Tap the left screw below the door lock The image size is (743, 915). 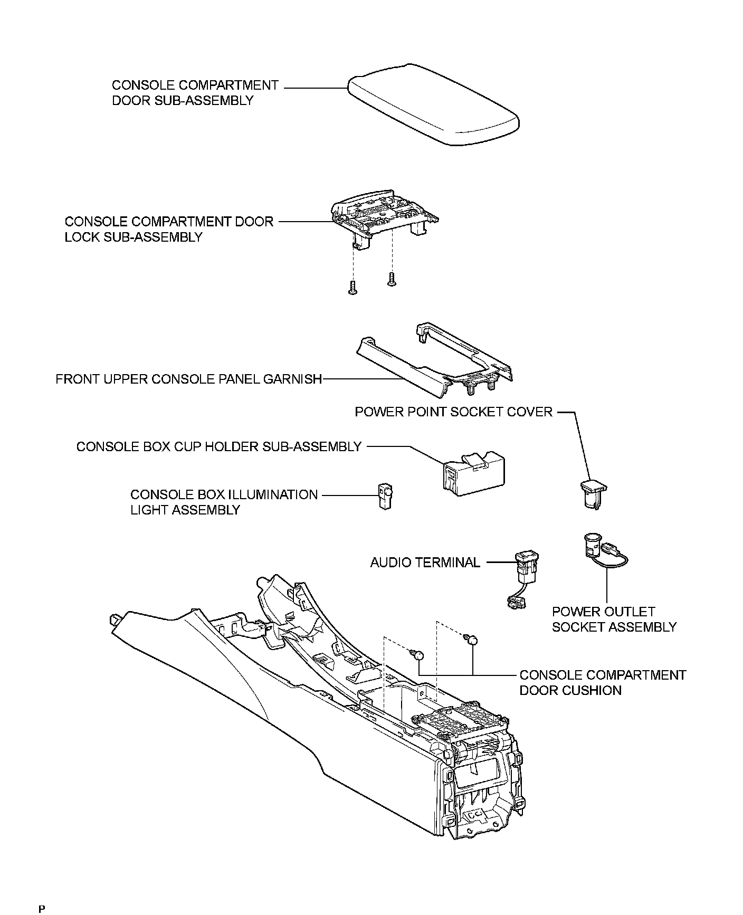(353, 287)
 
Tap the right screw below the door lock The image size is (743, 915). (391, 279)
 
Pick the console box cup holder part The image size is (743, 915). (473, 472)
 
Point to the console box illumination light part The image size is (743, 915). (386, 495)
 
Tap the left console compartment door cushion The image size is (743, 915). (417, 655)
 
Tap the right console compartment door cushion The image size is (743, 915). (472, 640)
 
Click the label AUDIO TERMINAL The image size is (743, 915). (425, 563)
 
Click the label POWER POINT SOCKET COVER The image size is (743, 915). (454, 412)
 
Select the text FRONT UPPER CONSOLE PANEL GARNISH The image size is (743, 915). (189, 379)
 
